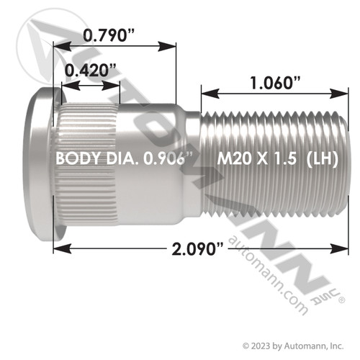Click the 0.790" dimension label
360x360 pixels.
pos(109,35)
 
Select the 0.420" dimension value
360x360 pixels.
pos(91,71)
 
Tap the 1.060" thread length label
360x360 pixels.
pos(275,83)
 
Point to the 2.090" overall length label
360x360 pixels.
pos(197,249)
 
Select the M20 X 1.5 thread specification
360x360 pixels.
pos(257,158)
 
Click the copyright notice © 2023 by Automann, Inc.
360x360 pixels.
pos(293,346)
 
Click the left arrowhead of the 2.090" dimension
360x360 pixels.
pos(62,249)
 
